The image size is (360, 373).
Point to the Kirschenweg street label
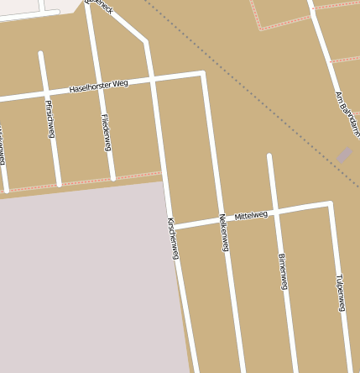pyautogui.click(x=173, y=238)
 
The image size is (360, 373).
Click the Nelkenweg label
pyautogui.click(x=224, y=233)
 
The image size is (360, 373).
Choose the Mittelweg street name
pyautogui.click(x=251, y=215)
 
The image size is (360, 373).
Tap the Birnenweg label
pyautogui.click(x=283, y=271)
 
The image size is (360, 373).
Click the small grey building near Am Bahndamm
pyautogui.click(x=344, y=155)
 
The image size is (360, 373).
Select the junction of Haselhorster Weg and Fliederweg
pyautogui.click(x=96, y=87)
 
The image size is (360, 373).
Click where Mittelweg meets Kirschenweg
pyautogui.click(x=171, y=226)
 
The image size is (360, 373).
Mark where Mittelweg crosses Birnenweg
pyautogui.click(x=275, y=211)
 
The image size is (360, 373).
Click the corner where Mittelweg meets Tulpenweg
pyautogui.click(x=331, y=203)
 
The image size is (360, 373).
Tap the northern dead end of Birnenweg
pyautogui.click(x=269, y=155)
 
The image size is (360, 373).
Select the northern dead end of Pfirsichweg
pyautogui.click(x=40, y=54)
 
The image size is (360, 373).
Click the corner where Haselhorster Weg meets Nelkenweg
pyautogui.click(x=202, y=74)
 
